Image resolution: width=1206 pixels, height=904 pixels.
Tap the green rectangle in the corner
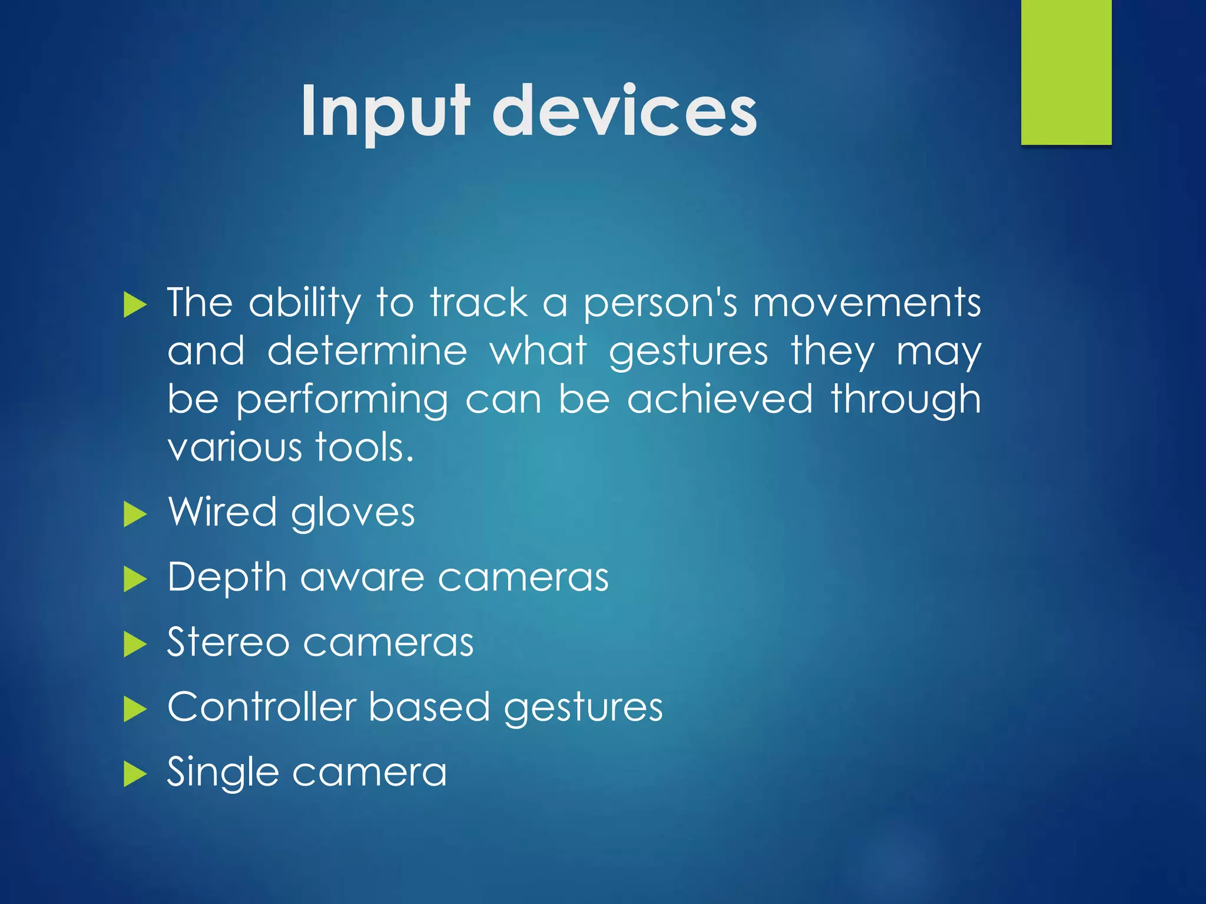tap(1066, 72)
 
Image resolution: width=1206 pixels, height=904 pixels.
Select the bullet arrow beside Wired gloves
tap(135, 515)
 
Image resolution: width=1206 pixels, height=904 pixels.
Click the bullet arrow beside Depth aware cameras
tap(135, 580)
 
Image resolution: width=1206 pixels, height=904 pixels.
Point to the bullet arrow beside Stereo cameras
tap(135, 644)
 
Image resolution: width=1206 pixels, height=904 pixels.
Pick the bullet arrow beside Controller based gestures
tap(135, 710)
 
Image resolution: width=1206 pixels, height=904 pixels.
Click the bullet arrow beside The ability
tap(135, 306)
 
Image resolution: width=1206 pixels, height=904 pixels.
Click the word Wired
tap(222, 512)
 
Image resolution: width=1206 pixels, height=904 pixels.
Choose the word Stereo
tap(228, 642)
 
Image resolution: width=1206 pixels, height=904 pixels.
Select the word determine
tap(367, 351)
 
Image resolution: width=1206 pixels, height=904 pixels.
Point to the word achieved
tap(720, 400)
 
